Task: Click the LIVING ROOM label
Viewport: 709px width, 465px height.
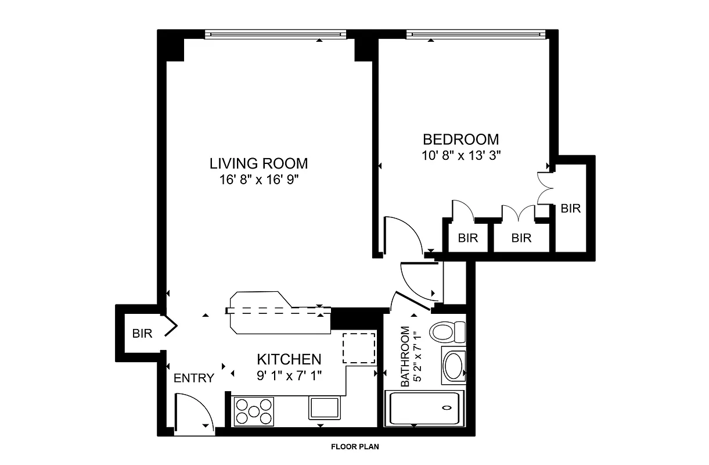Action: pos(258,163)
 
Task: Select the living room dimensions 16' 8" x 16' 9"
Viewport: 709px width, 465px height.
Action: pos(258,179)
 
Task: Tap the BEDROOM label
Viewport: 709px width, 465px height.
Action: pos(460,139)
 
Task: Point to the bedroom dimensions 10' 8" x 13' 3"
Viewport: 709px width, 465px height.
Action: pos(461,155)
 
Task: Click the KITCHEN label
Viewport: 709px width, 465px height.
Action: pos(289,359)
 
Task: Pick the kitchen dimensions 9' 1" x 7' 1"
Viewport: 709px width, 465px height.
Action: pos(289,375)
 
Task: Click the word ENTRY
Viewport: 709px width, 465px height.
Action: pos(194,378)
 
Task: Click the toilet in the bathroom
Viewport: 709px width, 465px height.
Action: pos(447,332)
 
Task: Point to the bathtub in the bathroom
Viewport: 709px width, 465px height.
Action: pos(424,409)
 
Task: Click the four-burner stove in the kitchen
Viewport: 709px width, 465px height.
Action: pos(254,410)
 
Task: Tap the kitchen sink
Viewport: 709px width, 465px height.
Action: pos(325,407)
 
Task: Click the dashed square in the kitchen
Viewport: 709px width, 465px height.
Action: pos(358,348)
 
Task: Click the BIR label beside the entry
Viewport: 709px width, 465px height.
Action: pos(142,334)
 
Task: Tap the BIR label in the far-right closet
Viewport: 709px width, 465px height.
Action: pos(570,209)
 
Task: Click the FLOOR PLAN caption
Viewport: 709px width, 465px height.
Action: pos(354,447)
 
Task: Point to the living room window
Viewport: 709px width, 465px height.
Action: pos(276,35)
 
